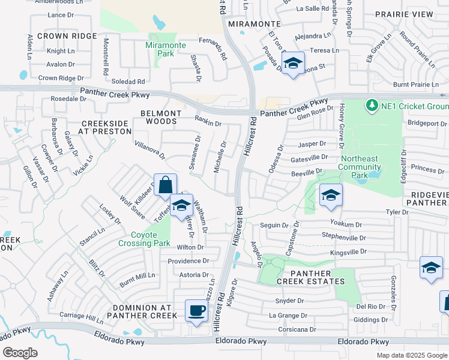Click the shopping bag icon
pos(165,185)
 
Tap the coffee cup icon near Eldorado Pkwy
pos(196,311)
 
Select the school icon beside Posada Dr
pos(293,64)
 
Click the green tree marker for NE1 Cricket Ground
pos(372,106)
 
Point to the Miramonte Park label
pos(166,49)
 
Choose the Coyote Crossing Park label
pos(151,239)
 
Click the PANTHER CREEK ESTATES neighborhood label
pos(310,276)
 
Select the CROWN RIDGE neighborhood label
pos(67,36)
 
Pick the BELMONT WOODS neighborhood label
pos(160,117)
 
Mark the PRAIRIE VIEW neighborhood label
pos(403,14)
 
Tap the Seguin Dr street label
pos(275,225)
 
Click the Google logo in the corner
pos(20,353)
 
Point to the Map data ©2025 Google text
pos(411,355)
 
